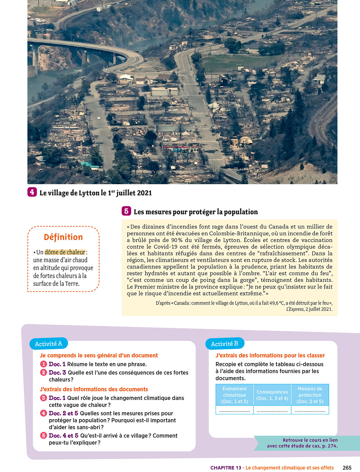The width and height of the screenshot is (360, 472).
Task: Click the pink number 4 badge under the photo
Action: (x=32, y=192)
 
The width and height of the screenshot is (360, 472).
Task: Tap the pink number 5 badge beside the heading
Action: (x=126, y=211)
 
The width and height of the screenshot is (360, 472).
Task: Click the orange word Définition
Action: (x=63, y=237)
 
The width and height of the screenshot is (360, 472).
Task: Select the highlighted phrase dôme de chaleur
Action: (x=65, y=252)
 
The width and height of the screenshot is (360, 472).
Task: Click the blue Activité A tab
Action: (x=48, y=344)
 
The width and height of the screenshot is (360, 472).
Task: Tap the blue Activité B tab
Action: (x=224, y=344)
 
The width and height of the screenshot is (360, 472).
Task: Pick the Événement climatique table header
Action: (x=235, y=395)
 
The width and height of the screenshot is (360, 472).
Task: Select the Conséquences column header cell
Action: (x=272, y=395)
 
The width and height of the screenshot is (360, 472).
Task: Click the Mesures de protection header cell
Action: (x=310, y=395)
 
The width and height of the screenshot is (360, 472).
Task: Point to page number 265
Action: (x=347, y=468)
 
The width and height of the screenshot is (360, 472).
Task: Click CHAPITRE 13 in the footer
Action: (x=226, y=468)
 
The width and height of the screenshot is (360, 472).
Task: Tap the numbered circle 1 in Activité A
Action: (x=43, y=364)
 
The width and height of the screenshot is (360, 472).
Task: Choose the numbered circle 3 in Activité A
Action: (x=43, y=398)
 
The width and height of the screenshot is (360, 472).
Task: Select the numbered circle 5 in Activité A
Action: (x=43, y=435)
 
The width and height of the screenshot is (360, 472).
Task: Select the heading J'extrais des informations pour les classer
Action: (x=270, y=355)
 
